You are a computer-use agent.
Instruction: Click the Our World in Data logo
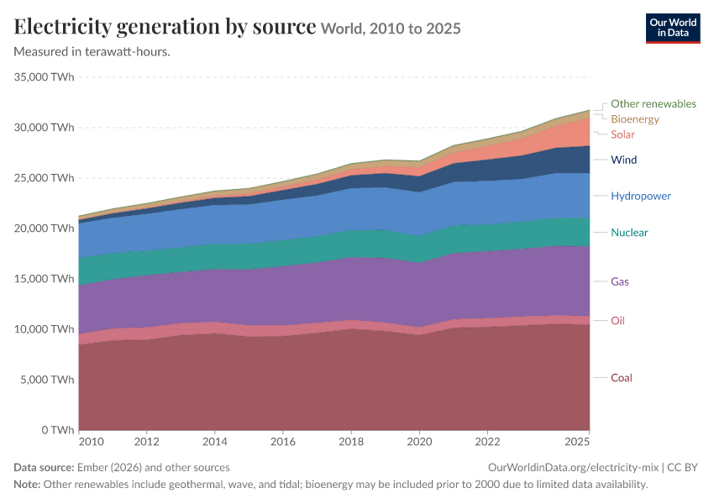coord(673,29)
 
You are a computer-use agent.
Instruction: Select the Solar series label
coord(622,134)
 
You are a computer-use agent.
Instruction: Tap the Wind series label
coord(624,160)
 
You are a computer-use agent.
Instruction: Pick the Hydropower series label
coord(641,197)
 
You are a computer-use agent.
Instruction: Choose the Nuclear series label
coord(629,233)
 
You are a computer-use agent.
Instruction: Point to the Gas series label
coord(620,282)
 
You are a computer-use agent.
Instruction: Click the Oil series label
coord(617,321)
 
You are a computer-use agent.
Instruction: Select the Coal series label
coord(622,378)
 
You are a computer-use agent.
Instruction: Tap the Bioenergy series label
coord(635,119)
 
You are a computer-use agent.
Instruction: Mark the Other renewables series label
coord(654,104)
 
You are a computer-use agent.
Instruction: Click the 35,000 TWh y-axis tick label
coord(45,77)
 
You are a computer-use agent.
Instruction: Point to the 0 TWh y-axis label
coord(58,430)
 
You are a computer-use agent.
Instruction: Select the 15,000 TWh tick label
coord(45,279)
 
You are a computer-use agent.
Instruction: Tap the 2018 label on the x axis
coord(351,442)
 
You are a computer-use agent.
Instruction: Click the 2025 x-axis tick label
coord(577,442)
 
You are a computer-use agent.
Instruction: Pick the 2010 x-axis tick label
coord(91,442)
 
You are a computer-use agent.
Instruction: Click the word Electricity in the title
coord(63,28)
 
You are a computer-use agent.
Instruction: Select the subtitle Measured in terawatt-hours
coord(92,52)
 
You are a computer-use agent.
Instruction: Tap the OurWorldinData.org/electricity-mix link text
coord(573,468)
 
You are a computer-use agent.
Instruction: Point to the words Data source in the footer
coord(44,468)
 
